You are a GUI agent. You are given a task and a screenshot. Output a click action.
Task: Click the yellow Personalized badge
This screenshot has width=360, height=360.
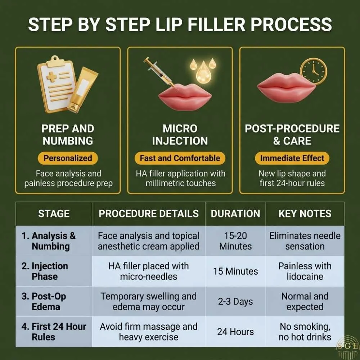tap(68, 158)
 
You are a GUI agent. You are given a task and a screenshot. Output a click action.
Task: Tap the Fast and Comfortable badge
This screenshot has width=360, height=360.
tap(180, 158)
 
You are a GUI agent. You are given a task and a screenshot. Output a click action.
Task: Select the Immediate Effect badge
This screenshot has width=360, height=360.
tap(292, 158)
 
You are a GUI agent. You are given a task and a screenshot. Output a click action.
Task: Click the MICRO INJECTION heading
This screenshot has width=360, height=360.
tap(180, 135)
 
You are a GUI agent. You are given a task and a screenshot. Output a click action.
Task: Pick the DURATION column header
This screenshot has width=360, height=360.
tap(235, 213)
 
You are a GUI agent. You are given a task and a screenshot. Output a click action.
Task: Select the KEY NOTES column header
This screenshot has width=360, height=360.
tap(305, 213)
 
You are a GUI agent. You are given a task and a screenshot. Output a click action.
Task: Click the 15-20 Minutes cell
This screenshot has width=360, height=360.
tap(235, 241)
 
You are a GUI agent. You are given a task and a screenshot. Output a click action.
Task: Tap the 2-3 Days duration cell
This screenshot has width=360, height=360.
tap(235, 302)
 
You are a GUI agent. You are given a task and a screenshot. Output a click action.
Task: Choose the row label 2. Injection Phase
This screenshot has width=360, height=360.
tap(45, 271)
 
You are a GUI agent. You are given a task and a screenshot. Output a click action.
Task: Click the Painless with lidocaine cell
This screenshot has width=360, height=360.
tap(305, 271)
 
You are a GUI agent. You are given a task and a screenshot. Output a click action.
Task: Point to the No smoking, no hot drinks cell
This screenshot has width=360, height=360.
tap(305, 332)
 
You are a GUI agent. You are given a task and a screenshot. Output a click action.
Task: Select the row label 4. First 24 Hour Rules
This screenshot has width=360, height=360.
tap(54, 332)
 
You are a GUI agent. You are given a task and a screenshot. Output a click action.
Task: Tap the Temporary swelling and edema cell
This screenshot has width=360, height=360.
tap(148, 302)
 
